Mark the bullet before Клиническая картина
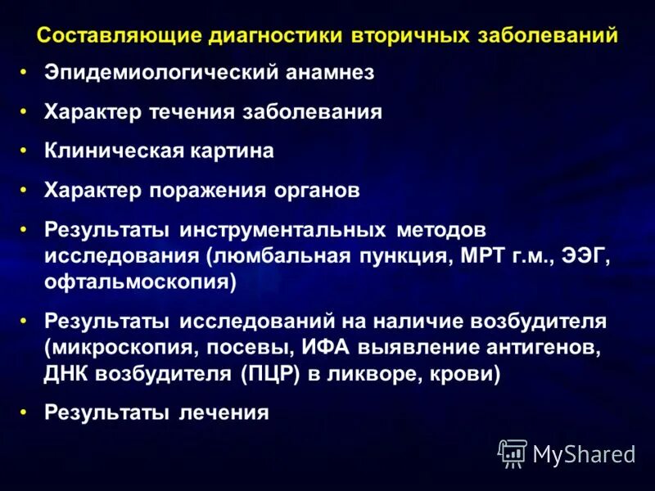[x=25, y=151]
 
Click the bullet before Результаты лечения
[x=25, y=412]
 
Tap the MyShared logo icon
[x=513, y=453]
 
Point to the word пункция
[x=399, y=255]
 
